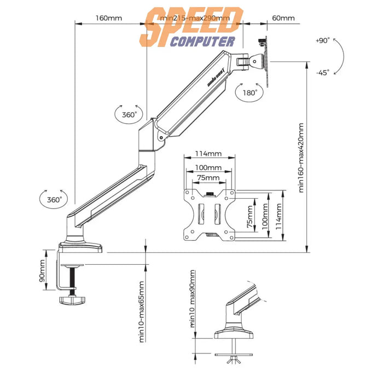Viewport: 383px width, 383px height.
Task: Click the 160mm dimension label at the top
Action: coord(109,18)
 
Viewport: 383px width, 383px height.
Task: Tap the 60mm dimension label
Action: coord(283,18)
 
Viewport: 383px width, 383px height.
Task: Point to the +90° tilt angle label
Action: coord(322,40)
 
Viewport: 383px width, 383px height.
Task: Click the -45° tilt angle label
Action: coord(322,73)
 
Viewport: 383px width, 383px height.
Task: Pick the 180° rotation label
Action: coord(249,93)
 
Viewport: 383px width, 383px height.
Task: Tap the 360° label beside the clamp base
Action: coord(53,200)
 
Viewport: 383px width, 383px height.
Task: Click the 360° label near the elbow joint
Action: coord(130,115)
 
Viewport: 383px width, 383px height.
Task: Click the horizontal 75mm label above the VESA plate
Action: coord(208,178)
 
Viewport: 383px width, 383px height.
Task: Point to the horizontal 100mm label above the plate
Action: coord(208,167)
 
